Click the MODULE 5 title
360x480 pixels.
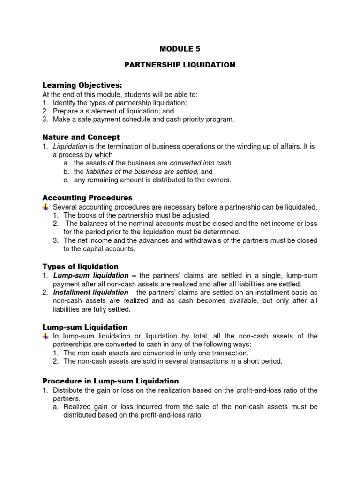180,48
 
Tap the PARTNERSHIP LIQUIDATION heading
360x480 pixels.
180,65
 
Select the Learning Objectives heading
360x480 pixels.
82,85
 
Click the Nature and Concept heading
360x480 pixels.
81,137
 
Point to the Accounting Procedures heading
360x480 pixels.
88,198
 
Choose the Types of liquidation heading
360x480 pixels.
81,266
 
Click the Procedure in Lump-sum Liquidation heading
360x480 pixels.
111,381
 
